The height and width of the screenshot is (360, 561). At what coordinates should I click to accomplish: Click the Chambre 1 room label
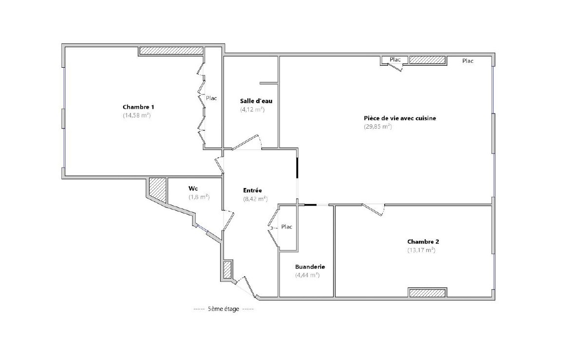point(138,107)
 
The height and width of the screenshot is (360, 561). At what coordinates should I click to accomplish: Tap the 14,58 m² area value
point(137,115)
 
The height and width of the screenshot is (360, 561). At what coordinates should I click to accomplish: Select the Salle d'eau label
point(256,101)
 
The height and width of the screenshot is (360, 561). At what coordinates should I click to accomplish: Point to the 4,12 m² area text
point(252,110)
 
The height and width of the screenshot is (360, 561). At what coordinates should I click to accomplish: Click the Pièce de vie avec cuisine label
point(400,118)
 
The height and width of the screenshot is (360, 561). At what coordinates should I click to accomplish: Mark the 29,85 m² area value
point(378,126)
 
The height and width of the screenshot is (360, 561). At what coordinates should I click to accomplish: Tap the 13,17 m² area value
point(421,250)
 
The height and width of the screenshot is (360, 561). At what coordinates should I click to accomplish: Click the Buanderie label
point(310,267)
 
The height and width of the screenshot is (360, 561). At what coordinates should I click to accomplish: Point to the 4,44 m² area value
point(307,275)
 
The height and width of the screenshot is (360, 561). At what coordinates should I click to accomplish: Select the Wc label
point(193,189)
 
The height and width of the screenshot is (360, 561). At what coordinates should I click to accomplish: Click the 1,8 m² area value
point(199,197)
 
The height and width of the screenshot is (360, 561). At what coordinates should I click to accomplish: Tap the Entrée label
point(253,190)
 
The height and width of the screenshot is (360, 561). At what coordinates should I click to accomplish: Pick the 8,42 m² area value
point(256,199)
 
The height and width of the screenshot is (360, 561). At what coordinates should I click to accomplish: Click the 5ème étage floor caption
point(223,309)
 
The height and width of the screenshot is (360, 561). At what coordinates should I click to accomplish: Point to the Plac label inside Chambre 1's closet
point(211,98)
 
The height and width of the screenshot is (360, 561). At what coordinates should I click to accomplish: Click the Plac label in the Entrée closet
point(287,227)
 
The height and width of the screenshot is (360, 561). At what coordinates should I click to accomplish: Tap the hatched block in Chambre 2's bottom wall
point(428,293)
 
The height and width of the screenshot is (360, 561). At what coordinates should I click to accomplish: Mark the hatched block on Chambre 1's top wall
point(171,51)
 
